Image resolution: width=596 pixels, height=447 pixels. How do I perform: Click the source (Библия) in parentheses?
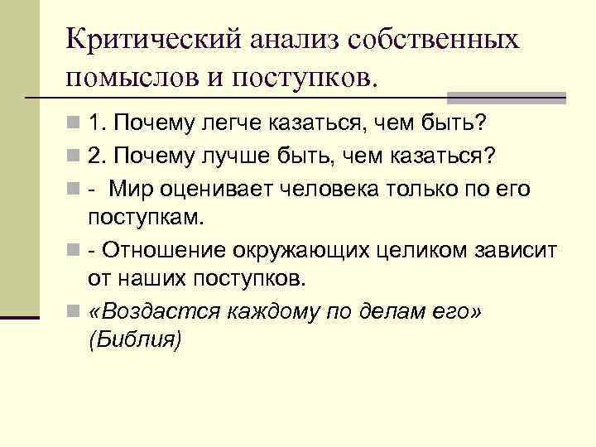pos(132,340)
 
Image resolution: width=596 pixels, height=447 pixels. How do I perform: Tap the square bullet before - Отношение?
pos(75,249)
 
